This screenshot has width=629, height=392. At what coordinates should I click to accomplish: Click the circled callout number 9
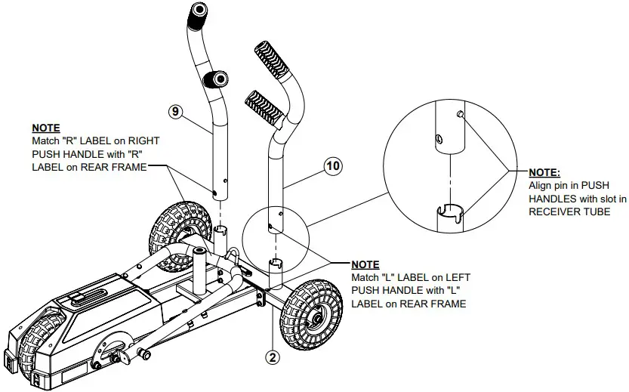[175, 111]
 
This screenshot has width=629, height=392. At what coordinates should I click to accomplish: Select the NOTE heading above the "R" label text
[45, 128]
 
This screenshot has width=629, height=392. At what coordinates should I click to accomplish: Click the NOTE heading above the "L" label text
[366, 264]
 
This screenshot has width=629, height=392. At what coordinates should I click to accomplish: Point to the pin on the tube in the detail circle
[460, 114]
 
